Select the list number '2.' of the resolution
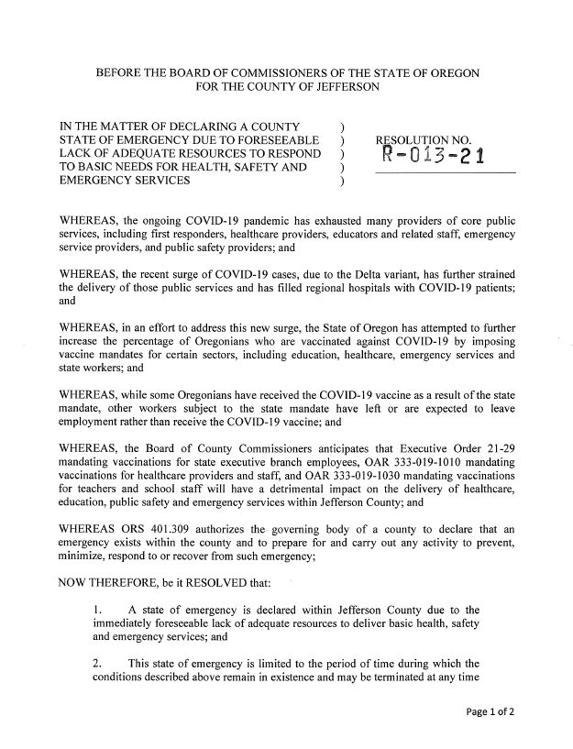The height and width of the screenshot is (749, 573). (x=99, y=664)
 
